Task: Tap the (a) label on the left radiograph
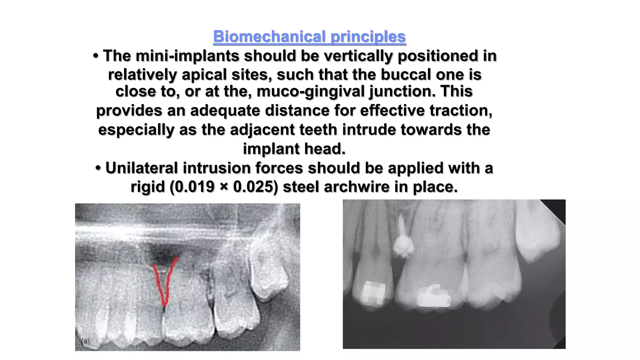click(85, 341)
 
